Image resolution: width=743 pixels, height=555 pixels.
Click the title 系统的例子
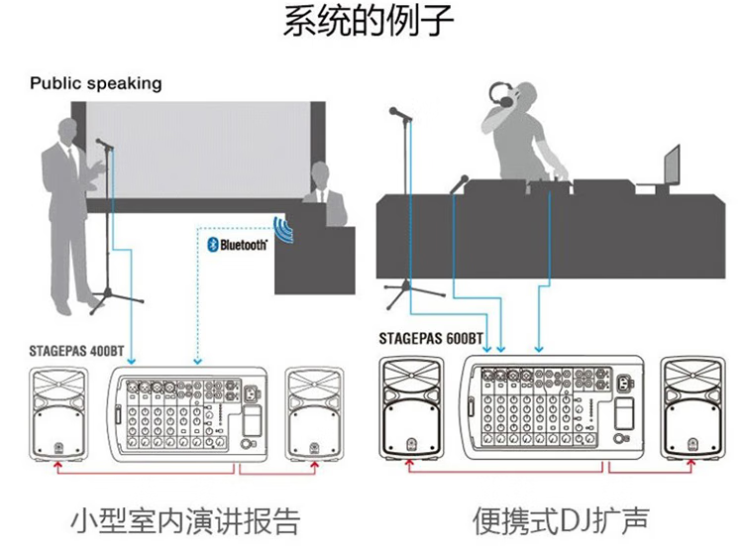pyautogui.click(x=369, y=22)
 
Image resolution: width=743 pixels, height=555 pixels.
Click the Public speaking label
pyautogui.click(x=95, y=83)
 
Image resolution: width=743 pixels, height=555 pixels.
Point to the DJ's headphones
pyautogui.click(x=505, y=96)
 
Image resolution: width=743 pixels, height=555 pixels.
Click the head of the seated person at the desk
pyautogui.click(x=320, y=175)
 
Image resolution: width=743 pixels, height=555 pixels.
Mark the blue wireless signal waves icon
pyautogui.click(x=284, y=231)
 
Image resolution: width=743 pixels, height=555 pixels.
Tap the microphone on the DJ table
pyautogui.click(x=460, y=182)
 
